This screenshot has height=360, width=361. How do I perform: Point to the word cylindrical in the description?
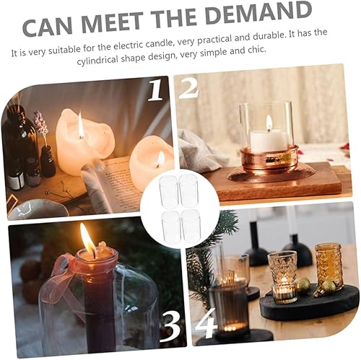click(x=97, y=61)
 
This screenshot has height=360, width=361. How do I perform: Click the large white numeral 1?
click(x=157, y=89)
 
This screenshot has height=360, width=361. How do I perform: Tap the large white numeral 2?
click(x=188, y=88)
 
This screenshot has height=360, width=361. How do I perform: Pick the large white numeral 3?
click(x=170, y=327)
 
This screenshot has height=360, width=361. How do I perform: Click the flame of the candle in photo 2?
click(x=269, y=123)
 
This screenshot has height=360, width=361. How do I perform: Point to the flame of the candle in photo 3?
click(x=87, y=240)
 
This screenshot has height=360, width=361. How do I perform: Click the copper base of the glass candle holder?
click(x=269, y=159)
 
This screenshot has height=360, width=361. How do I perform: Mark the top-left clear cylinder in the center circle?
click(x=168, y=190)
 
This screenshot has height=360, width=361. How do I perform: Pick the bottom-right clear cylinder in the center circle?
click(x=191, y=225)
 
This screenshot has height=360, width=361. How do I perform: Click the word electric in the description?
click(x=129, y=46)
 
